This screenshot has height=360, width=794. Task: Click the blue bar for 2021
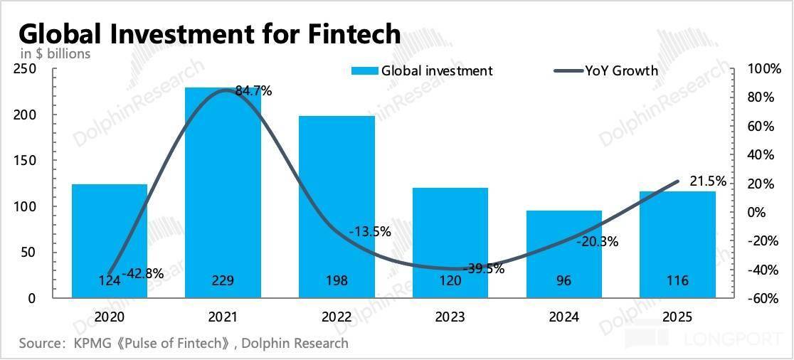(x=223, y=192)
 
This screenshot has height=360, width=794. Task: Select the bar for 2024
(x=564, y=254)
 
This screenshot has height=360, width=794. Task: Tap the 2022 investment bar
(x=337, y=206)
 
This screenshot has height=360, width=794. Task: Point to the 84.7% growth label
(x=254, y=91)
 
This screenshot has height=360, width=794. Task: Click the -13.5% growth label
(x=370, y=232)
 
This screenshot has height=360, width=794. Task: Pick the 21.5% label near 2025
(x=708, y=181)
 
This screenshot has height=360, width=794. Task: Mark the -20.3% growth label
(x=598, y=242)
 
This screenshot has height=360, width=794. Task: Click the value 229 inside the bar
(x=223, y=280)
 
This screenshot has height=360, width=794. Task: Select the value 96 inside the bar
(x=564, y=280)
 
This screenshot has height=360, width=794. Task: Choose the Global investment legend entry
(x=422, y=70)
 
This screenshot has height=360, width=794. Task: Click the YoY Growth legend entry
(x=606, y=70)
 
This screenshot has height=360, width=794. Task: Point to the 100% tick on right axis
(x=764, y=69)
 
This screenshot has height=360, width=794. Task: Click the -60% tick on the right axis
(x=764, y=299)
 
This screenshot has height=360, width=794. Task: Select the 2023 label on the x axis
(x=450, y=317)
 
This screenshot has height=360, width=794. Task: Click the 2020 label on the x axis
(x=110, y=317)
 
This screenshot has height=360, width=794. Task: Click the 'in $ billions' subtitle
(x=55, y=53)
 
